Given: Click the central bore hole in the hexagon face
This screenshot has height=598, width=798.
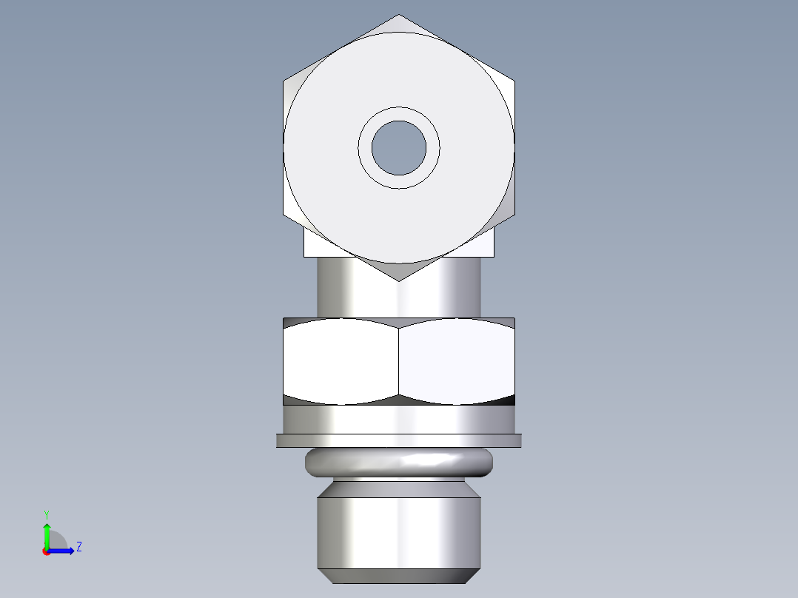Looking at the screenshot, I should (x=399, y=148).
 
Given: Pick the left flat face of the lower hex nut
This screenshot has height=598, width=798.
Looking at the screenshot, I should (x=341, y=361).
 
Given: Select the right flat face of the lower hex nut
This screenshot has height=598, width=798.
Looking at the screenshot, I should (x=456, y=361).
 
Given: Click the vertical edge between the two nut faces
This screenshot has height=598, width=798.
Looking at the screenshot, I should (x=399, y=361).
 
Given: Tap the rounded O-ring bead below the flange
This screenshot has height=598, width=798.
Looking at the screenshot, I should (x=399, y=462).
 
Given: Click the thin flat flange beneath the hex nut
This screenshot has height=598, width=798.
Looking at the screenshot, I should (x=399, y=440).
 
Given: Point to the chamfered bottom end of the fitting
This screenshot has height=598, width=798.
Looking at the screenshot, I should (x=399, y=576).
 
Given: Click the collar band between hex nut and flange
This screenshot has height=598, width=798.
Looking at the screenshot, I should (x=399, y=419).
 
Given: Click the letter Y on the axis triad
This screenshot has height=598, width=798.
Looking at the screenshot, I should (x=46, y=514).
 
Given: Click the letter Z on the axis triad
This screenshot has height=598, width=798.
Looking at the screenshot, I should (x=78, y=547).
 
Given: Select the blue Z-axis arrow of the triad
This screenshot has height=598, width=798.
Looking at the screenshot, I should (x=64, y=550).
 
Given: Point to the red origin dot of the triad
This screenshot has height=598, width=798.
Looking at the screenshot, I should (x=46, y=551).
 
